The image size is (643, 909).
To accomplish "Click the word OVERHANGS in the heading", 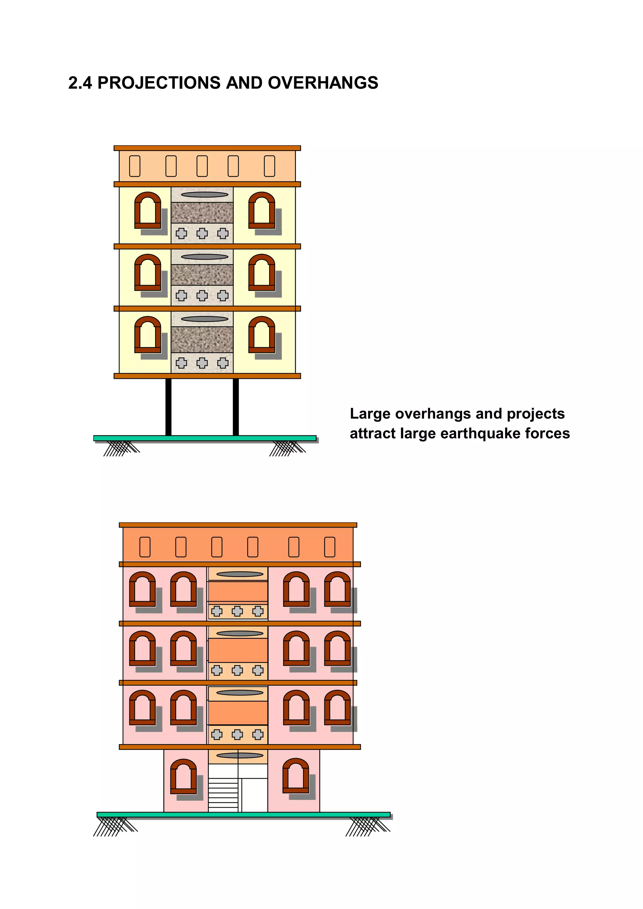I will (x=323, y=83).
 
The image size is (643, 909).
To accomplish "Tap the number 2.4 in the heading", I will (x=80, y=83).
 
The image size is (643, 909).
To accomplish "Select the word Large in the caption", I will (x=370, y=414).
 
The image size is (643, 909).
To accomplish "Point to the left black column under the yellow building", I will (x=168, y=407).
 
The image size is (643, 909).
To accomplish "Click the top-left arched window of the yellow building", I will (x=148, y=210).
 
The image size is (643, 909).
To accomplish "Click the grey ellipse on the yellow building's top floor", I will (x=205, y=194).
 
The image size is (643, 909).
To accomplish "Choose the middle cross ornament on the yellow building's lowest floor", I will (x=202, y=363).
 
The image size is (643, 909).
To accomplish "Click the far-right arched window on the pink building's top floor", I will (x=337, y=589).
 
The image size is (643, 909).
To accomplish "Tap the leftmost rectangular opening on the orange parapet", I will (x=145, y=547).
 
